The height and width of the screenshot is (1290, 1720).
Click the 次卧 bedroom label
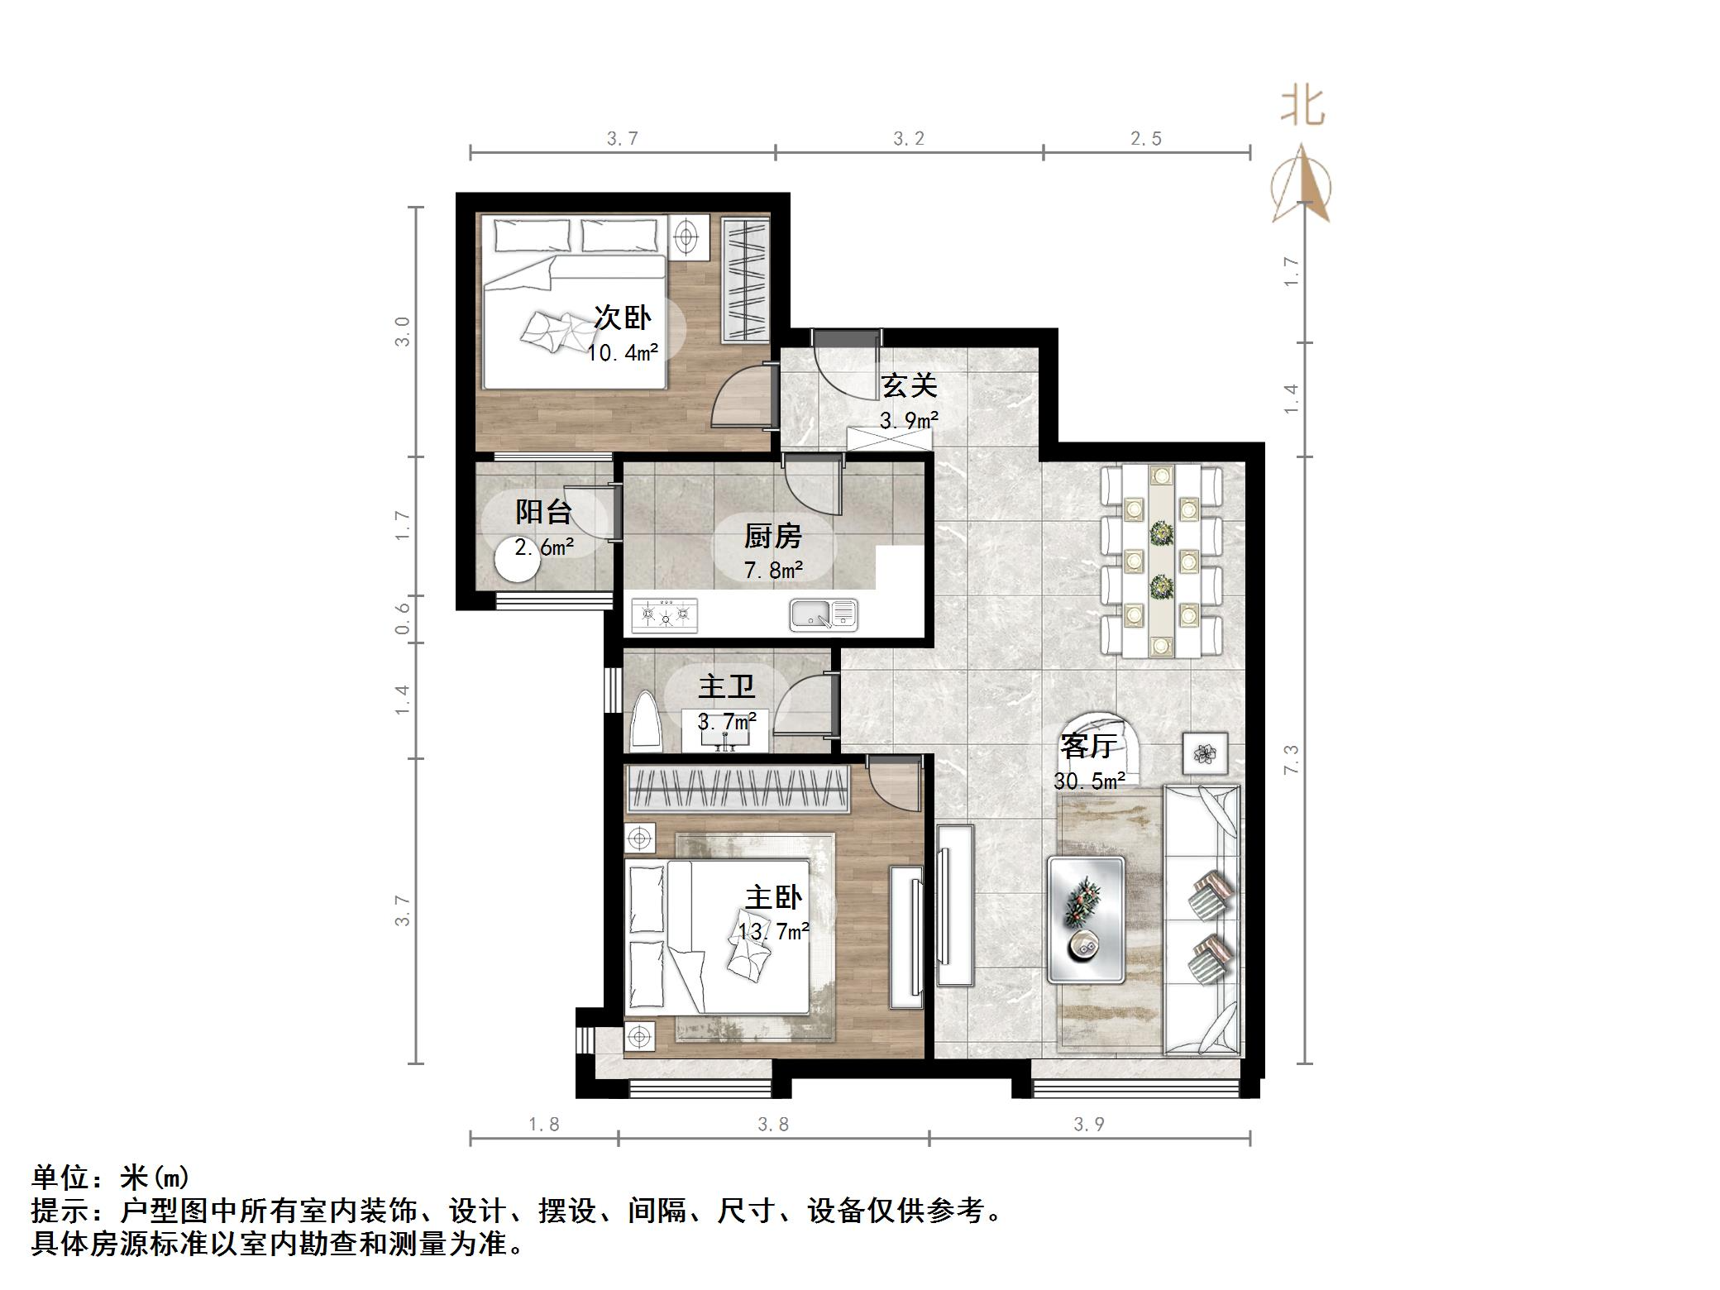[x=623, y=318]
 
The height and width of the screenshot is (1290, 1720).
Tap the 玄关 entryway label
[x=908, y=386]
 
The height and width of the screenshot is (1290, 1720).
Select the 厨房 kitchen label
[x=773, y=537]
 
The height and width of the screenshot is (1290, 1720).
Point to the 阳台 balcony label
[x=543, y=512]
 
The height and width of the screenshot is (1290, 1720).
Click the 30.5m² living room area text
[x=1089, y=781]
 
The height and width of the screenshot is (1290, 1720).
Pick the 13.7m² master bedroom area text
[x=773, y=932]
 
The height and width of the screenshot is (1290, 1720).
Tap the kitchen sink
[x=824, y=615]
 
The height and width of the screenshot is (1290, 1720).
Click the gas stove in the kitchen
[x=664, y=615]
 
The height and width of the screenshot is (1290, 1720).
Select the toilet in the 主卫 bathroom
[x=646, y=724]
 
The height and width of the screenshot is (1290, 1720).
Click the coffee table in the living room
[x=1086, y=920]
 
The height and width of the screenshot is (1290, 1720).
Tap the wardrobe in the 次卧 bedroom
[x=745, y=279]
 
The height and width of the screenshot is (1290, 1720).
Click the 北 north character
[x=1303, y=107]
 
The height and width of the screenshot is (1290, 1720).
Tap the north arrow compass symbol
[x=1302, y=187]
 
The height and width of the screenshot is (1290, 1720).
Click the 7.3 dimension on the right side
[x=1292, y=759]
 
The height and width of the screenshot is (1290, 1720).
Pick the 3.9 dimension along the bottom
[x=1088, y=1124]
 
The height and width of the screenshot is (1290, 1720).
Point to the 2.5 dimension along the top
[x=1146, y=139]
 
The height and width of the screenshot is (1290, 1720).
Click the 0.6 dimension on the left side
[x=403, y=619]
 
